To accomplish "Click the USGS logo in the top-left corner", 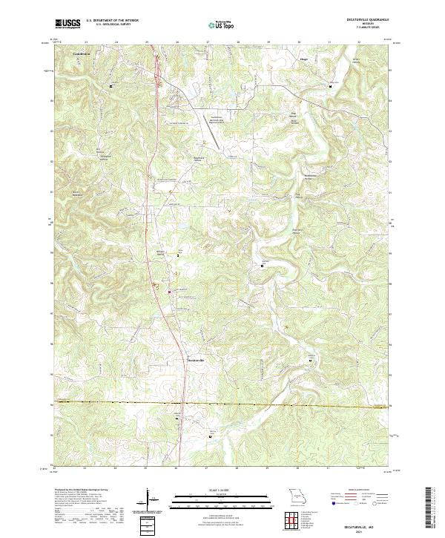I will pos(67,24).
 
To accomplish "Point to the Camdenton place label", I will pos(83,54).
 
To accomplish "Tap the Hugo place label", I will pos(303,54).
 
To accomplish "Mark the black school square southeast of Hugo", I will pos(330,87).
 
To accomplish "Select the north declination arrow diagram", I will pos(149,498).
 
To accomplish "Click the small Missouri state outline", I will pos(296,494).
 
